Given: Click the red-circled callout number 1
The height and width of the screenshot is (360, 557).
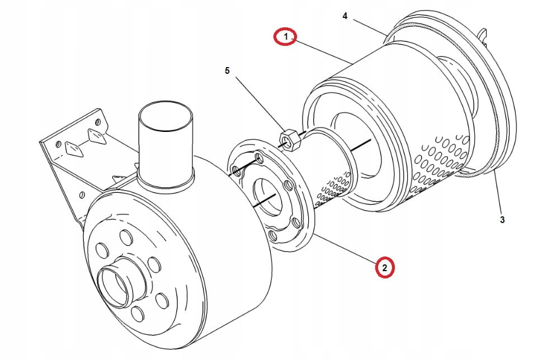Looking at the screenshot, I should [x=286, y=37].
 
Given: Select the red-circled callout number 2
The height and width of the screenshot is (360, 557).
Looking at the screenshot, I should [x=385, y=267].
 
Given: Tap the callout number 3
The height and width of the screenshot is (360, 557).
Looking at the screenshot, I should [x=502, y=220].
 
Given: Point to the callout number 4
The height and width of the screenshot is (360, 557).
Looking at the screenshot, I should [x=345, y=16].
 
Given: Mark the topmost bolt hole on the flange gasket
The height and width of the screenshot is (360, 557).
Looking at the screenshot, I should [x=259, y=159].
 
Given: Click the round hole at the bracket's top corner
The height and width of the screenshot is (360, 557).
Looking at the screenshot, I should [x=98, y=122].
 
